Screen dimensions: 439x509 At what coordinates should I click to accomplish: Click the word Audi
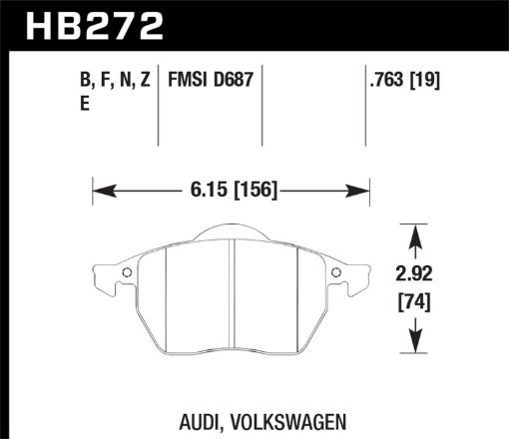point(203,421)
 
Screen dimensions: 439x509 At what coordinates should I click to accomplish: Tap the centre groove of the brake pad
point(232,299)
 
